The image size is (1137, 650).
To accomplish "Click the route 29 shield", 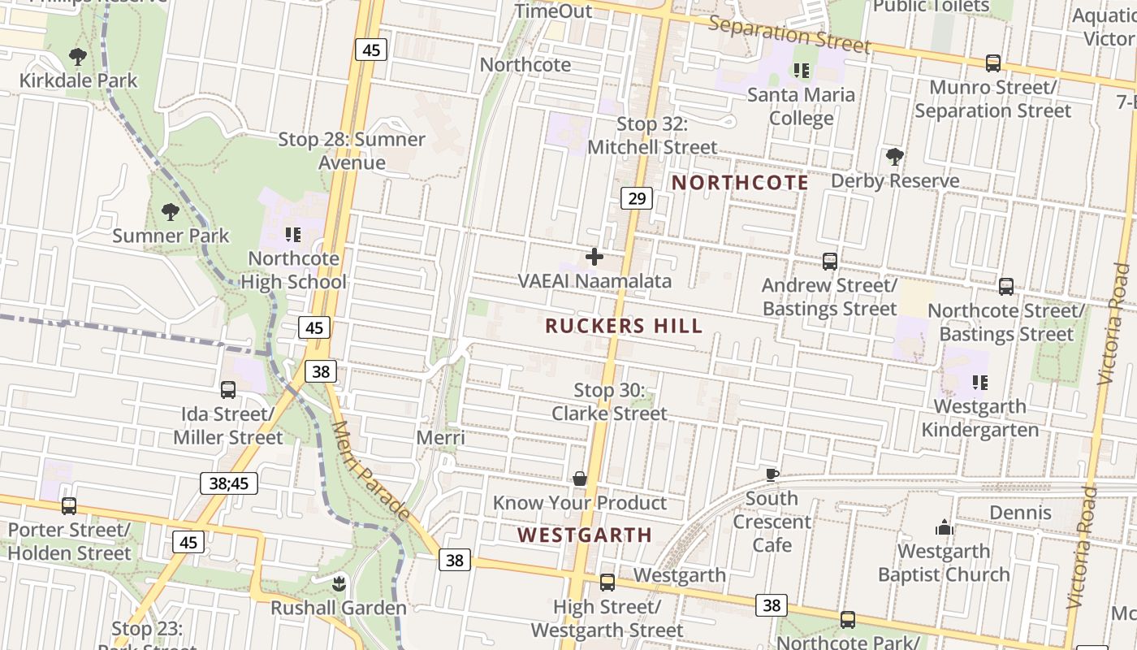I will pyautogui.click(x=637, y=197).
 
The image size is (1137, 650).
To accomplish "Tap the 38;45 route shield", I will pyautogui.click(x=229, y=483).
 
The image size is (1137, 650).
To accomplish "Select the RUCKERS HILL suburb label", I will pyautogui.click(x=624, y=327).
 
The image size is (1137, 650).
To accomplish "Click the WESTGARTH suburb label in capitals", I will pyautogui.click(x=585, y=535).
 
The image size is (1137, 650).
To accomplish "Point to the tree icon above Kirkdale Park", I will pyautogui.click(x=78, y=57).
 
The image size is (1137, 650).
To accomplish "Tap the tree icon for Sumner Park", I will pyautogui.click(x=170, y=212).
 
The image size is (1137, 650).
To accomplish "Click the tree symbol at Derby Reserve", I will pyautogui.click(x=895, y=156).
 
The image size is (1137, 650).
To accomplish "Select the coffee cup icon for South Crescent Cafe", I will pyautogui.click(x=772, y=474).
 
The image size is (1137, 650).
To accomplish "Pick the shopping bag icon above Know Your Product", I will pyautogui.click(x=580, y=479).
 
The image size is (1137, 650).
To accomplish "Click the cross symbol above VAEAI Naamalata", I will pyautogui.click(x=594, y=258).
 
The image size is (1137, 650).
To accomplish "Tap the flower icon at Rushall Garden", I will pyautogui.click(x=339, y=583).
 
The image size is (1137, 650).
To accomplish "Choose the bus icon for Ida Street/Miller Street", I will pyautogui.click(x=228, y=390).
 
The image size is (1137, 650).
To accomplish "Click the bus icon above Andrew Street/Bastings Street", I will pyautogui.click(x=829, y=262).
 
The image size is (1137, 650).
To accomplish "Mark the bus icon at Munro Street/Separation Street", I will pyautogui.click(x=992, y=63).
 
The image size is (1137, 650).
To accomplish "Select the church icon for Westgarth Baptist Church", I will pyautogui.click(x=944, y=528).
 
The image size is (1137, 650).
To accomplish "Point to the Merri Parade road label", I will pyautogui.click(x=370, y=470).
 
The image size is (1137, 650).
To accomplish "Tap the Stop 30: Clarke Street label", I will pyautogui.click(x=609, y=402).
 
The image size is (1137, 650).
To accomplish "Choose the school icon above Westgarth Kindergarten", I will pyautogui.click(x=980, y=382).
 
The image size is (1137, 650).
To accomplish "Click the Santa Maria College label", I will pyautogui.click(x=801, y=106).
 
